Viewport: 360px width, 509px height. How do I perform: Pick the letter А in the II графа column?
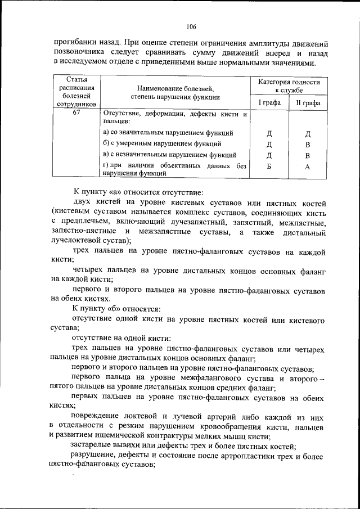click(308, 167)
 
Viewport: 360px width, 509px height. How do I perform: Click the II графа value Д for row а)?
click(308, 134)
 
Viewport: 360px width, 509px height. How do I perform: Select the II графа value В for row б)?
click(308, 145)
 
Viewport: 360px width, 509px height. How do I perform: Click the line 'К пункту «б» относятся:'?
click(116, 309)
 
